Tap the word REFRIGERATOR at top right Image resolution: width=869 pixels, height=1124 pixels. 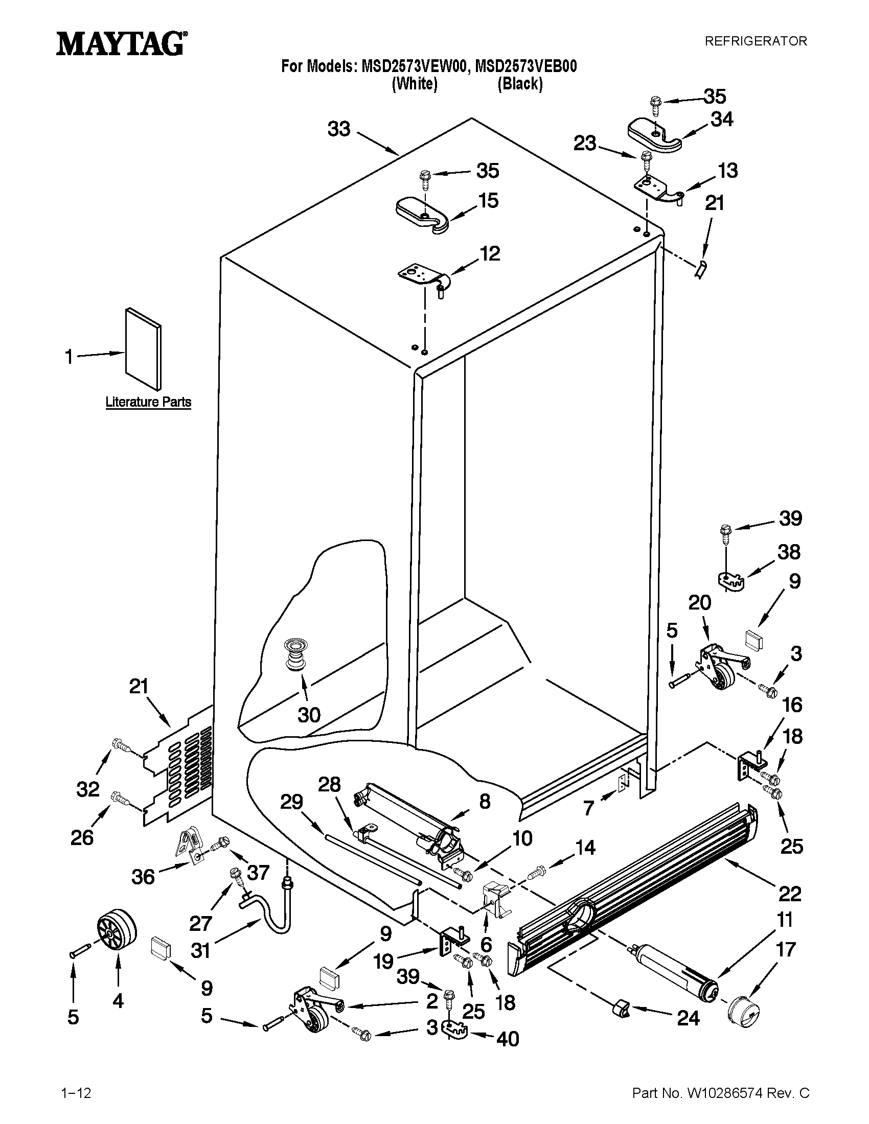coord(755,41)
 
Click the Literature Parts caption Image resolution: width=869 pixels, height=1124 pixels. coord(148,402)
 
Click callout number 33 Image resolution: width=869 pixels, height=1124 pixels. coord(339,129)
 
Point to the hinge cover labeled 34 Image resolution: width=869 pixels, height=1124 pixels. coord(653,136)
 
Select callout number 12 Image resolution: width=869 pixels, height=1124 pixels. coord(490,253)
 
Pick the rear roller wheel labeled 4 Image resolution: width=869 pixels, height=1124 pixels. coord(117,929)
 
